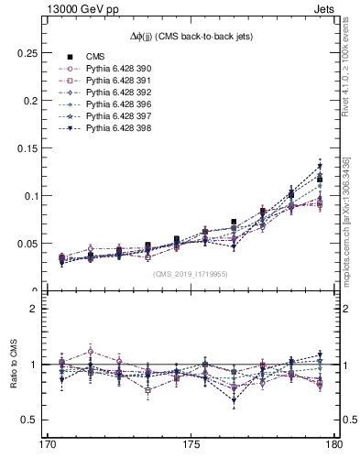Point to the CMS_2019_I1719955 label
click(190, 273)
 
